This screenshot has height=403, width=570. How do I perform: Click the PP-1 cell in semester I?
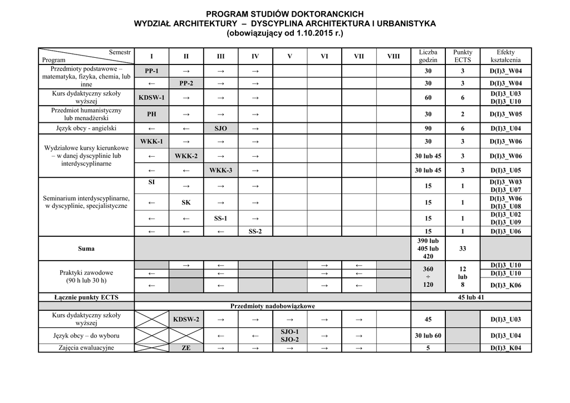151,71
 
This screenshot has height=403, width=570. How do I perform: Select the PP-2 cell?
186,83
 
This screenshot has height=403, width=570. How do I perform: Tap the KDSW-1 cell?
151,98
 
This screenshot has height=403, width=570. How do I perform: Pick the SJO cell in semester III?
220,128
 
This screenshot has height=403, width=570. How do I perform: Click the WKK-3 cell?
220,170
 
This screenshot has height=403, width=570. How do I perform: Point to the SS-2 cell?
255,231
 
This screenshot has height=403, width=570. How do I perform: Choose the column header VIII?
393,56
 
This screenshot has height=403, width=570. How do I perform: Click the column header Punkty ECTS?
463,56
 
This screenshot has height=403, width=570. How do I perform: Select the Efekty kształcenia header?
505,56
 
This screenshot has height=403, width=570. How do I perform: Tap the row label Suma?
86,248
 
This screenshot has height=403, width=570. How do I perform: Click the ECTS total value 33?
463,248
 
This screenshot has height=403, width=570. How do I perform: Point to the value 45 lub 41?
471,297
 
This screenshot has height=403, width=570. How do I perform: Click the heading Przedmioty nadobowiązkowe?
273,306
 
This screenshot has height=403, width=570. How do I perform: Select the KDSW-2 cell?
186,320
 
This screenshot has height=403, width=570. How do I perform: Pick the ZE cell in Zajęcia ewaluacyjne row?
186,349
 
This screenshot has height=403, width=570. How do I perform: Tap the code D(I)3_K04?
505,349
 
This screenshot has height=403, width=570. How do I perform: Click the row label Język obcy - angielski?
86,128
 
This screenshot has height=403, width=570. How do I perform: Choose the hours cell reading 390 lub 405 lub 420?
427,248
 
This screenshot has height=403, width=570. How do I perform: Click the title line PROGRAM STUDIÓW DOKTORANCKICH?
284,13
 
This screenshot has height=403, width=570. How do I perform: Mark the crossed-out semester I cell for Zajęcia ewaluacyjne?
151,349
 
